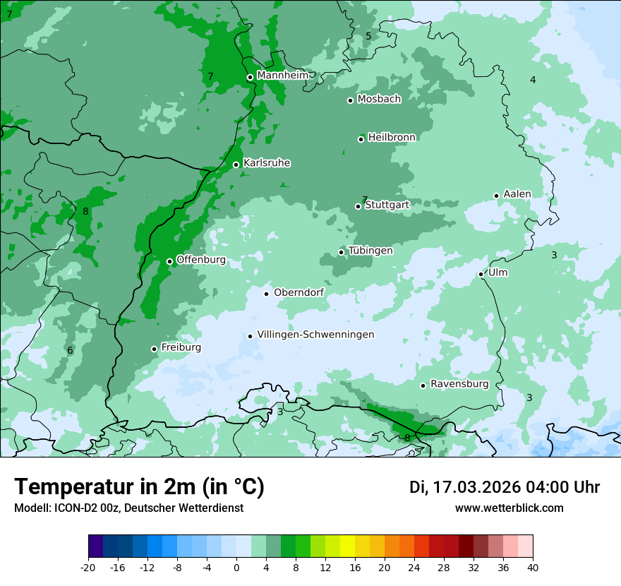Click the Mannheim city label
tap(282, 76)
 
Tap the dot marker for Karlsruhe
tap(236, 165)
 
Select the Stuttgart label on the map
tap(387, 205)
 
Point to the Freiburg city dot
tap(154, 349)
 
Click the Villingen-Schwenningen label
tap(315, 335)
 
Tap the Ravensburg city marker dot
tap(423, 385)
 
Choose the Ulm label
tap(498, 273)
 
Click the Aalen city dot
tap(497, 196)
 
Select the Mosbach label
tap(379, 100)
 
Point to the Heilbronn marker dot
tap(361, 139)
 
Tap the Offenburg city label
tap(201, 260)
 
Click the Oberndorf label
tap(299, 292)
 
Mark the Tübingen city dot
tap(342, 252)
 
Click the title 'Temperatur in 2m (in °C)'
tap(139, 486)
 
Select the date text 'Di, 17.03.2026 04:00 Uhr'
tap(505, 487)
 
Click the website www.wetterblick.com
tap(510, 508)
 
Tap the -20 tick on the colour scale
tap(88, 567)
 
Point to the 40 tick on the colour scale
tap(533, 567)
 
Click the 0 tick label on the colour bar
tap(236, 567)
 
